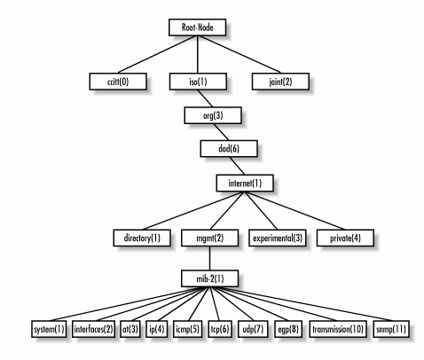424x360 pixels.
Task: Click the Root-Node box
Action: [x=198, y=27]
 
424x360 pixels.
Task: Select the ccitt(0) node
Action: [x=118, y=82]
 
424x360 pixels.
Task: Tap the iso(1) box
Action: [x=198, y=82]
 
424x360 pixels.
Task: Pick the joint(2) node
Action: [x=280, y=82]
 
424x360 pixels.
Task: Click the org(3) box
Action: [x=213, y=115]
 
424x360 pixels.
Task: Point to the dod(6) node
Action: [x=229, y=148]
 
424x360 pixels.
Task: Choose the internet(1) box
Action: [x=245, y=184]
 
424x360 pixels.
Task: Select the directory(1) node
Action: [x=142, y=238]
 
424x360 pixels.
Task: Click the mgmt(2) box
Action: [x=209, y=238]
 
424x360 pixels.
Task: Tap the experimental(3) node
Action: [x=278, y=238]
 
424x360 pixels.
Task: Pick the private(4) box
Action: [x=345, y=238]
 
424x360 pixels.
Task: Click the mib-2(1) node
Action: [x=209, y=278]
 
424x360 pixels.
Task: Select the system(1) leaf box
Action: [x=49, y=329]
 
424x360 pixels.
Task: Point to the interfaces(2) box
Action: [x=93, y=329]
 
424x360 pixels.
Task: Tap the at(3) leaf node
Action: [x=130, y=329]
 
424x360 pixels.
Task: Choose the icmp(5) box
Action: [x=187, y=329]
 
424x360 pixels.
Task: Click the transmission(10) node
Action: [x=338, y=329]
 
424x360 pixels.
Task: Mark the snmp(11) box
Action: [x=391, y=329]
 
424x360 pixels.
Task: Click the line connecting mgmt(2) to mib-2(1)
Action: [x=209, y=258]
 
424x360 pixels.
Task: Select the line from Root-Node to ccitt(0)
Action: [x=157, y=54]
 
